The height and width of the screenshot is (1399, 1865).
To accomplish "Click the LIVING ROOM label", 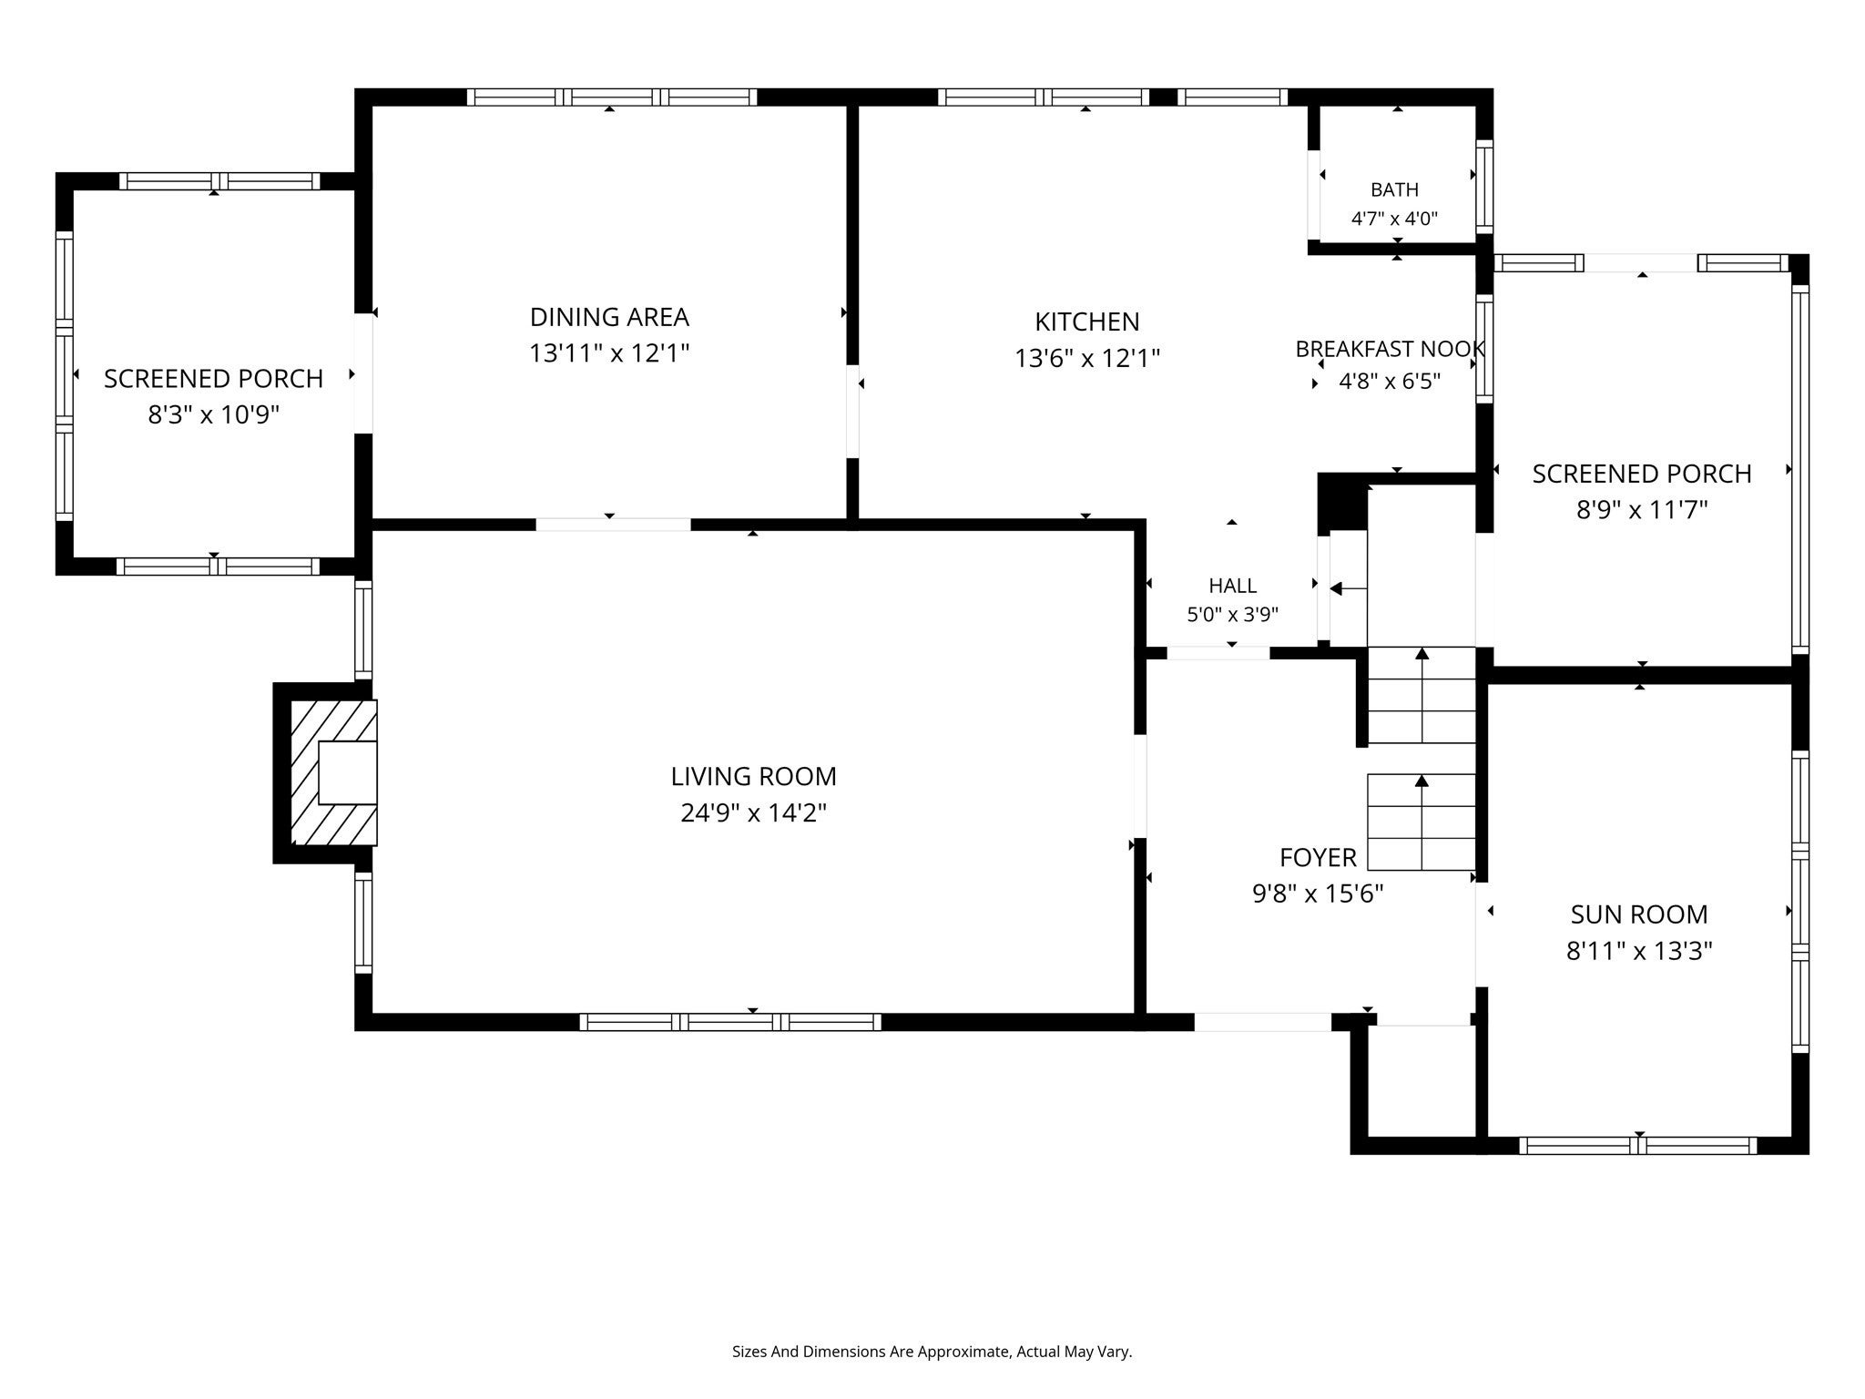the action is (x=753, y=776).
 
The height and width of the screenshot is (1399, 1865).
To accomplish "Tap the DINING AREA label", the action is (x=609, y=317).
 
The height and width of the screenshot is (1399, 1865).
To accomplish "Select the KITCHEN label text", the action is (x=1086, y=322).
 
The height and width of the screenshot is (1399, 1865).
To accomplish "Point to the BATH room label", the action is (x=1394, y=189).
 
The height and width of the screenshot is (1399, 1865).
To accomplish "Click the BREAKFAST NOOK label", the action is (x=1390, y=349).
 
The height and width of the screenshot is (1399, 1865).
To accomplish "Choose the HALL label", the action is (x=1232, y=586).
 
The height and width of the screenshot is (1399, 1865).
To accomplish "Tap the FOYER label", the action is (x=1318, y=857).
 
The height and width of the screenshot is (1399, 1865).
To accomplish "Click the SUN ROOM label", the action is (x=1638, y=914).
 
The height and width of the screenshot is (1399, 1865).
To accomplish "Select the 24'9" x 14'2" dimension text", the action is (x=753, y=812).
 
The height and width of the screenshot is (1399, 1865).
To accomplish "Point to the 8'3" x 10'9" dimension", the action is (x=213, y=415).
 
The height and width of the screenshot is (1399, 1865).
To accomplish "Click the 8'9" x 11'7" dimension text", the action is (x=1641, y=510).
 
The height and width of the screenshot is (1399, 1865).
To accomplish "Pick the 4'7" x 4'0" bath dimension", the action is (x=1394, y=219).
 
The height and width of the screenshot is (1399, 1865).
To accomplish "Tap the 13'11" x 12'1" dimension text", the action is (x=609, y=353).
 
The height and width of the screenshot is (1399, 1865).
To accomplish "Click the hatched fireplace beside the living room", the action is (x=333, y=772).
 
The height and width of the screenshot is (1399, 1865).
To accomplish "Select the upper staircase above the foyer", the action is (x=1422, y=694).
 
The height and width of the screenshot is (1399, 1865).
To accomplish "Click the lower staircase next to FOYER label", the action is (x=1422, y=822).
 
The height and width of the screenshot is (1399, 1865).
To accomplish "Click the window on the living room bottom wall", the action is (x=730, y=1022).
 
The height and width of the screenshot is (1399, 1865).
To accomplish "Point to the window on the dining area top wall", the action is (x=612, y=97).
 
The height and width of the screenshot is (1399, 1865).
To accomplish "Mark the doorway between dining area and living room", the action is (x=613, y=525).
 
